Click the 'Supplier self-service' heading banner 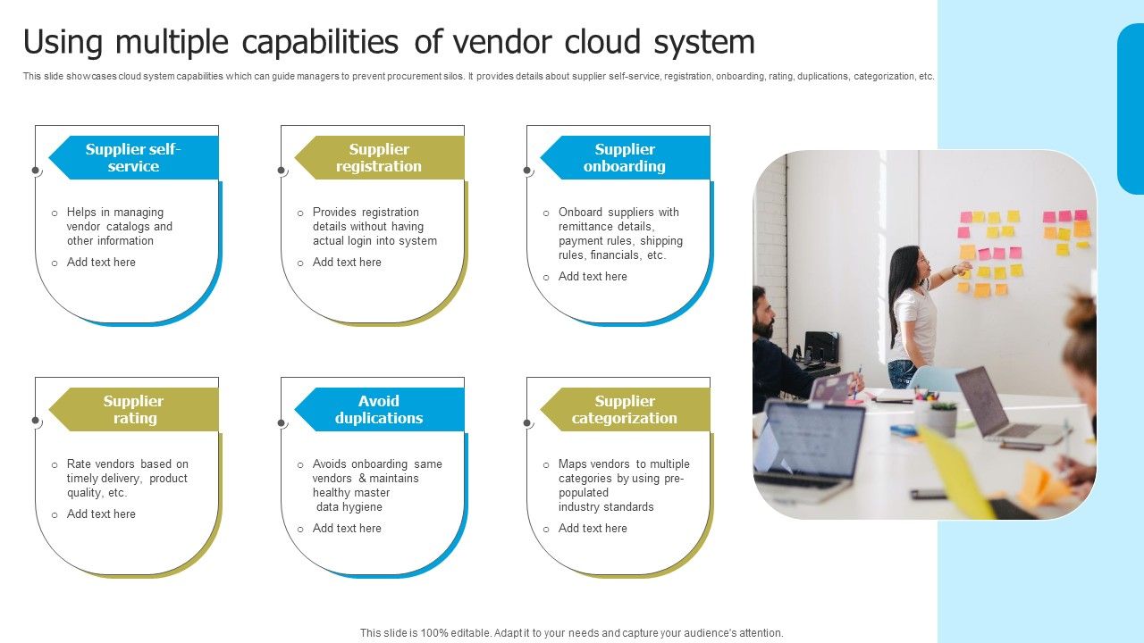133,158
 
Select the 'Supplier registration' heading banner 379,158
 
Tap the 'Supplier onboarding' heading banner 625,158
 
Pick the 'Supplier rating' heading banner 133,410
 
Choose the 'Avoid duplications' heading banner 379,410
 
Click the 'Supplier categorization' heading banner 625,410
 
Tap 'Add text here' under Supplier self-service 101,263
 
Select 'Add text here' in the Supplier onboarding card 593,277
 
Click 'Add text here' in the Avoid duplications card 347,529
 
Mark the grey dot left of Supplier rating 36,421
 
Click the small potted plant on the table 942,418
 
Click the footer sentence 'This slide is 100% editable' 571,633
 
